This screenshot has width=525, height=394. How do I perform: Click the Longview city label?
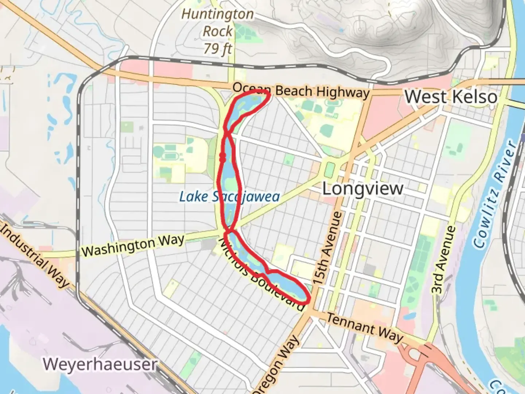coord(363,189)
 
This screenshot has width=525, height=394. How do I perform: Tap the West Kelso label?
coord(451,97)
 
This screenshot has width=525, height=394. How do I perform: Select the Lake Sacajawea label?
coord(229,197)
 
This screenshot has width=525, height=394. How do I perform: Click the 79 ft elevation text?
coord(218,48)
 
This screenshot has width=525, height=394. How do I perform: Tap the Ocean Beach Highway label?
coord(301,90)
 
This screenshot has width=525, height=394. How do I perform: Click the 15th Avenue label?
coord(328,248)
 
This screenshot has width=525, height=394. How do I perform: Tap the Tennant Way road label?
coord(365,328)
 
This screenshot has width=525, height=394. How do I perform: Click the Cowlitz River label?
coord(495,193)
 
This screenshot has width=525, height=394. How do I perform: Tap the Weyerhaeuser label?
coord(100,364)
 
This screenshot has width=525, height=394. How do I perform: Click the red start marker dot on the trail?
coord(222,157)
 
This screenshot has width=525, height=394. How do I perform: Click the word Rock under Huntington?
coord(218,31)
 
